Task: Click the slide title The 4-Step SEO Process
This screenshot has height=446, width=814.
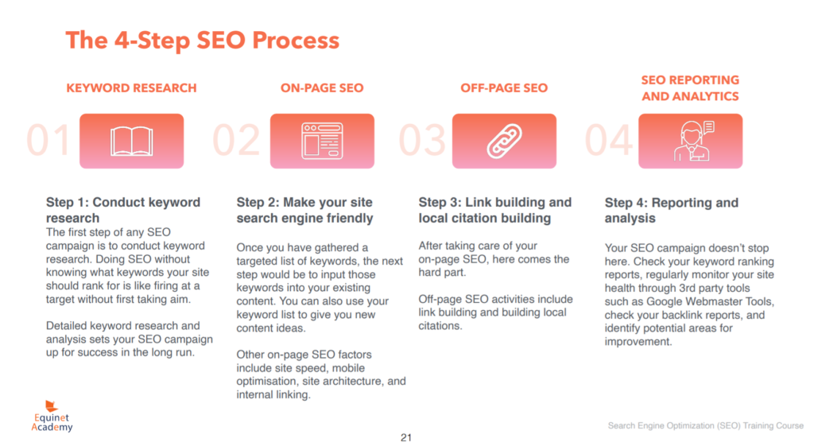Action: click(203, 40)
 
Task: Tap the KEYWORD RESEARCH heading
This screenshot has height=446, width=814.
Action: click(131, 88)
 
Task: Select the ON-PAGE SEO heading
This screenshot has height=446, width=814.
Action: click(322, 88)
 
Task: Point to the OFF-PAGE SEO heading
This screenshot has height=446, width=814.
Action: click(504, 88)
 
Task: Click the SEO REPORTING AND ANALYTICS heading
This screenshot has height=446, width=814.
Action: click(690, 88)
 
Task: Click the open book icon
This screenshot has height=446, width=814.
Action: click(132, 142)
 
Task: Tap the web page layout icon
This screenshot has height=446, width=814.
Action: click(322, 141)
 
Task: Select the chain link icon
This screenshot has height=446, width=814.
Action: click(504, 141)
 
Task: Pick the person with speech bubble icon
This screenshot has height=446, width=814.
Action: click(693, 141)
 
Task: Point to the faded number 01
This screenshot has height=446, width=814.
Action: click(48, 140)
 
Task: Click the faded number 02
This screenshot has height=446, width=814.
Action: click(236, 140)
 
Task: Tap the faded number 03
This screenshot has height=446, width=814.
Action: click(422, 140)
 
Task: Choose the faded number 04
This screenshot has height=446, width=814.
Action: click(609, 140)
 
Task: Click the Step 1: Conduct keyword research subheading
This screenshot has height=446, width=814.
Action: click(123, 210)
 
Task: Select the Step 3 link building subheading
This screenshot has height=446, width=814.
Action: click(494, 210)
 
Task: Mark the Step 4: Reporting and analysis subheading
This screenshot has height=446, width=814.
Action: click(671, 210)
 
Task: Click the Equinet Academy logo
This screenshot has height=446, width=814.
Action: click(52, 416)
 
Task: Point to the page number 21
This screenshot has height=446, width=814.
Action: click(406, 438)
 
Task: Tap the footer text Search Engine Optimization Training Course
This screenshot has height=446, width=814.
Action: click(706, 426)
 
